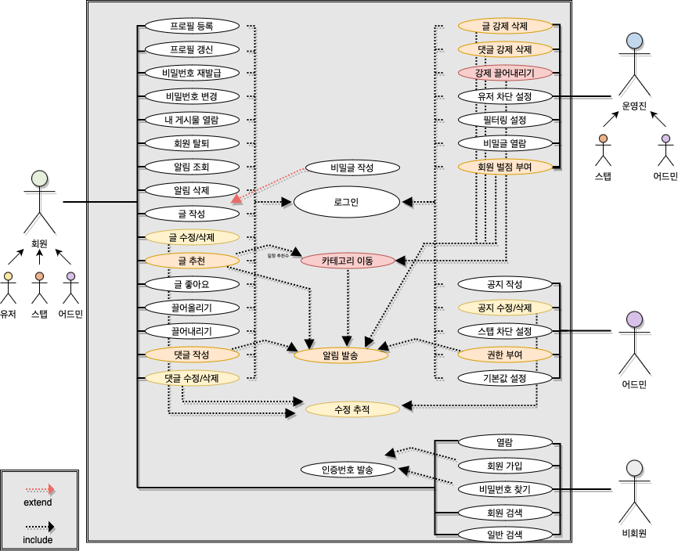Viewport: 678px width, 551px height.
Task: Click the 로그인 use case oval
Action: (x=347, y=202)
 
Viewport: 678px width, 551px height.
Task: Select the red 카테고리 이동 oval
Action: (x=347, y=261)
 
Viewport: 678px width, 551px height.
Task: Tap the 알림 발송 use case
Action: (x=341, y=355)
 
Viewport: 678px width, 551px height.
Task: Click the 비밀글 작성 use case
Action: (x=352, y=167)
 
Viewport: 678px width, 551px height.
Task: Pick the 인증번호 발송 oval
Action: (x=347, y=470)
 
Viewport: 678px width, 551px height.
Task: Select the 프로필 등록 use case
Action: (x=192, y=26)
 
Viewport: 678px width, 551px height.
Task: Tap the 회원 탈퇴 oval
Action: (x=192, y=143)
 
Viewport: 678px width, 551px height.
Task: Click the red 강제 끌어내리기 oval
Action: (x=505, y=73)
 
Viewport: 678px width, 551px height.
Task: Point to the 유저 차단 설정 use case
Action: (x=505, y=96)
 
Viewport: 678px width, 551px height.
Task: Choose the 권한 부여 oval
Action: (x=505, y=355)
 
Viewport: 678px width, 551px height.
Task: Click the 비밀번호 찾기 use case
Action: (x=505, y=489)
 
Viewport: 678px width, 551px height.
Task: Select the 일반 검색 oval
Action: (x=505, y=535)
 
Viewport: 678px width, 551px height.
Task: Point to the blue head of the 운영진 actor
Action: (x=635, y=41)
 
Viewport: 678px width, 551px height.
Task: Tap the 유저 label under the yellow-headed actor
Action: (x=8, y=314)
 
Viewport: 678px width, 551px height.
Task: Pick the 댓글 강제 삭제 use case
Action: (x=505, y=49)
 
